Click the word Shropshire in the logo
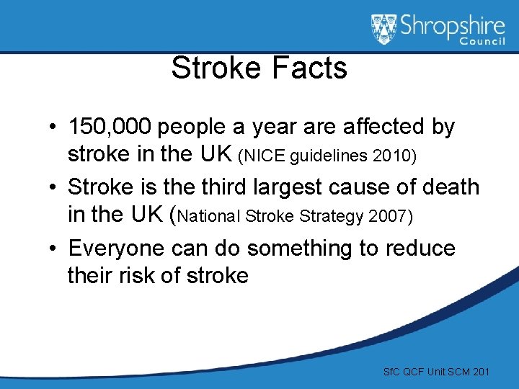coord(453,27)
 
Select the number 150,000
coord(110,128)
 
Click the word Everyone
coord(115,249)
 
